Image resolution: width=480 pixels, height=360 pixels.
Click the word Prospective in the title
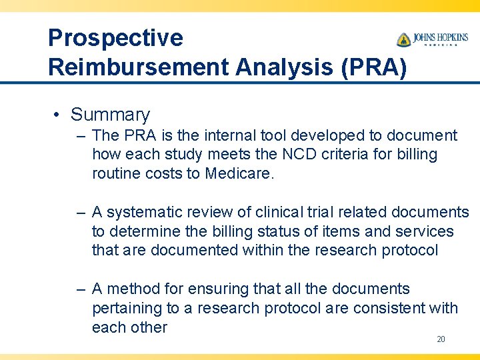pyautogui.click(x=115, y=38)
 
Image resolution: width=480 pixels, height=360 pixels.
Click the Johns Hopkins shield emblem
pyautogui.click(x=403, y=39)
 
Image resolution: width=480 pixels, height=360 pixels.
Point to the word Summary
pyautogui.click(x=111, y=115)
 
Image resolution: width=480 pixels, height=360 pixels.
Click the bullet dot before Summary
pyautogui.click(x=57, y=115)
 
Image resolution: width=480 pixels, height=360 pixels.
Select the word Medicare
pyautogui.click(x=239, y=173)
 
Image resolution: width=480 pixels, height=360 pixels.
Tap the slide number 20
pyautogui.click(x=441, y=339)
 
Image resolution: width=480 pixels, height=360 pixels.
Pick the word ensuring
pyautogui.click(x=217, y=289)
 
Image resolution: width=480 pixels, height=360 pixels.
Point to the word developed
pyautogui.click(x=325, y=135)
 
